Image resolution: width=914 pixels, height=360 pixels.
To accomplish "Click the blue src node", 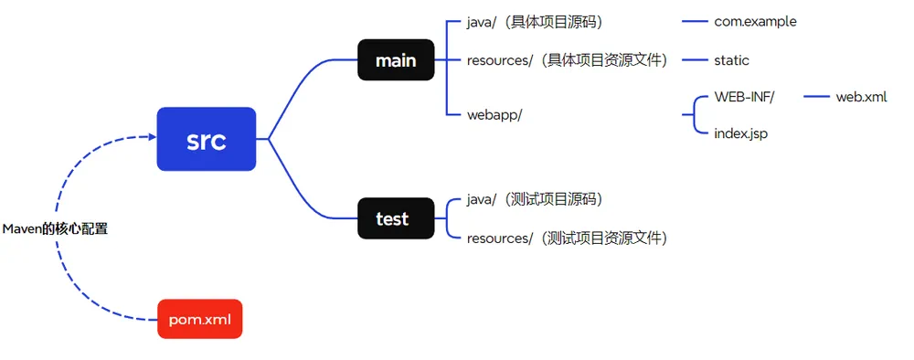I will pos(206,139).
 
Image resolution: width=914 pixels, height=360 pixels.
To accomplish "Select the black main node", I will pos(395,61).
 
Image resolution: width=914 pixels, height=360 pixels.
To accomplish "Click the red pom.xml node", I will pos(199,319).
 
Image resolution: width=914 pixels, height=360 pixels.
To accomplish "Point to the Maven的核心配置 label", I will pos(55,228).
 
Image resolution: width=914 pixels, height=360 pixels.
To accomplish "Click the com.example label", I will pos(755,21).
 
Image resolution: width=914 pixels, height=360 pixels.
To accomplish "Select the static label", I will pos(731,60).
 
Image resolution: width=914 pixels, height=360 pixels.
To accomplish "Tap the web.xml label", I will pos(861,96).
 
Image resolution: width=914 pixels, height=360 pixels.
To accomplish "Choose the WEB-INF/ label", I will pos(744,96).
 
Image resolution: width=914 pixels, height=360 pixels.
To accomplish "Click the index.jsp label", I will pos(740,133).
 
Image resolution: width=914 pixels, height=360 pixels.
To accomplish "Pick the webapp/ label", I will pos(494,114).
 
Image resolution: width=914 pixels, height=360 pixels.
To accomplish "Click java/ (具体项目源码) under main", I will pos(534,21).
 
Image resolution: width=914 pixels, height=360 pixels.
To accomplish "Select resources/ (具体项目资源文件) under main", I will pos(567,60).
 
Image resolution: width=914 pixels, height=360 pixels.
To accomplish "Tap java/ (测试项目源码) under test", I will pos(534,199).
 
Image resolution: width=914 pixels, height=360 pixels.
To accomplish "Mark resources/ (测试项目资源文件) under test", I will pos(567,238).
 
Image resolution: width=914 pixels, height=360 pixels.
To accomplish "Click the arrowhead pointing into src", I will pos(152,137).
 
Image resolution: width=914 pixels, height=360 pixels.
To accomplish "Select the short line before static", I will pos(695,60).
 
